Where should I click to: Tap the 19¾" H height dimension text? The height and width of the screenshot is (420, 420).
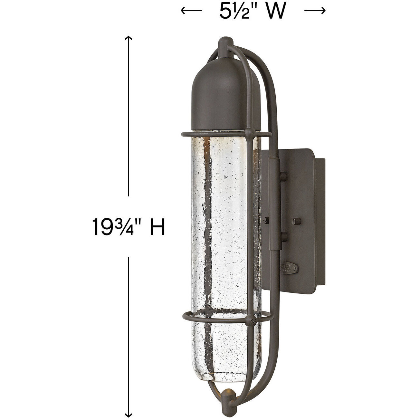click(129, 226)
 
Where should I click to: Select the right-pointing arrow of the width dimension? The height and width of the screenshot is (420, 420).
click(315, 11)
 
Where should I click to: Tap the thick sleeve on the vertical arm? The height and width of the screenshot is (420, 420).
click(273, 206)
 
